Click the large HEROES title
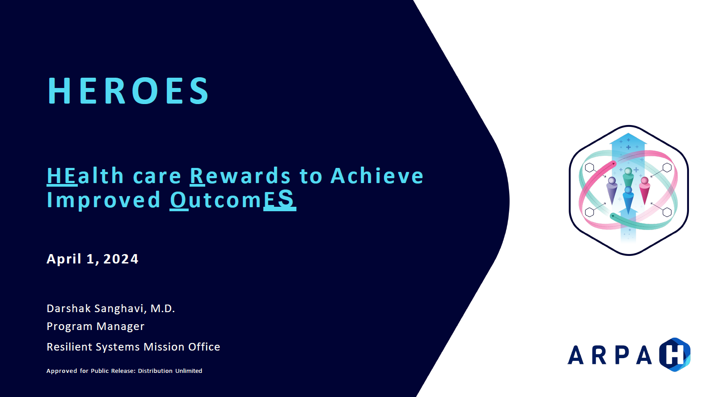tap(128, 91)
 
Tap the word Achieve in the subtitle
tap(377, 176)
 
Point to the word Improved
tap(104, 200)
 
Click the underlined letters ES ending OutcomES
tap(279, 199)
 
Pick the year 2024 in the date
tap(121, 259)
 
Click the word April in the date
tap(64, 259)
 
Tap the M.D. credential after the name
tap(163, 309)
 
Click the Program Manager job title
tap(95, 326)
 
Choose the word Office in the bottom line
tap(204, 347)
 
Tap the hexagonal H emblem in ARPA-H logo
tap(675, 355)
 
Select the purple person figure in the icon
tap(611, 191)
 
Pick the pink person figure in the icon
tap(645, 191)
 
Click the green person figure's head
tap(628, 171)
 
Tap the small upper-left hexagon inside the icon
tap(590, 167)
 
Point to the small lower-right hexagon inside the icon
tap(667, 213)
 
